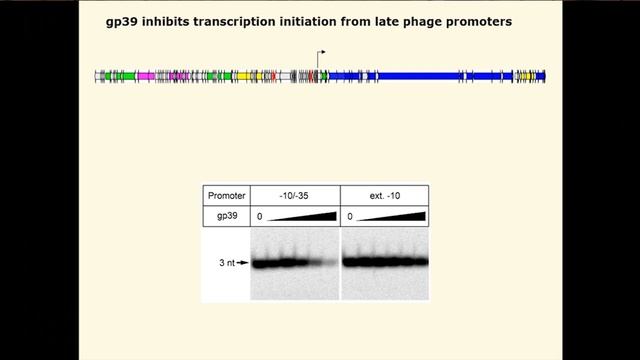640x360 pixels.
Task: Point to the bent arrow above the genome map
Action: [x=320, y=55]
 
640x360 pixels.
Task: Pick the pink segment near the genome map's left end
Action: [x=146, y=76]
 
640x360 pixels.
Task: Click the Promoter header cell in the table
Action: [x=226, y=195]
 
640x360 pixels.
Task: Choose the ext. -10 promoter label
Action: [x=384, y=195]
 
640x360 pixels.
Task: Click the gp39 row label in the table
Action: [x=226, y=216]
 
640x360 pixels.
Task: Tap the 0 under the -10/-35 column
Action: [x=259, y=217]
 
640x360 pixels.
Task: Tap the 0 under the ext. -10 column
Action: [x=349, y=217]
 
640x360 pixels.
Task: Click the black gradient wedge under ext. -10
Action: [x=400, y=215]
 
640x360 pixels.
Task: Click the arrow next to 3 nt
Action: [x=242, y=263]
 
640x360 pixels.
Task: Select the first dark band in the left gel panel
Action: [x=263, y=264]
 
